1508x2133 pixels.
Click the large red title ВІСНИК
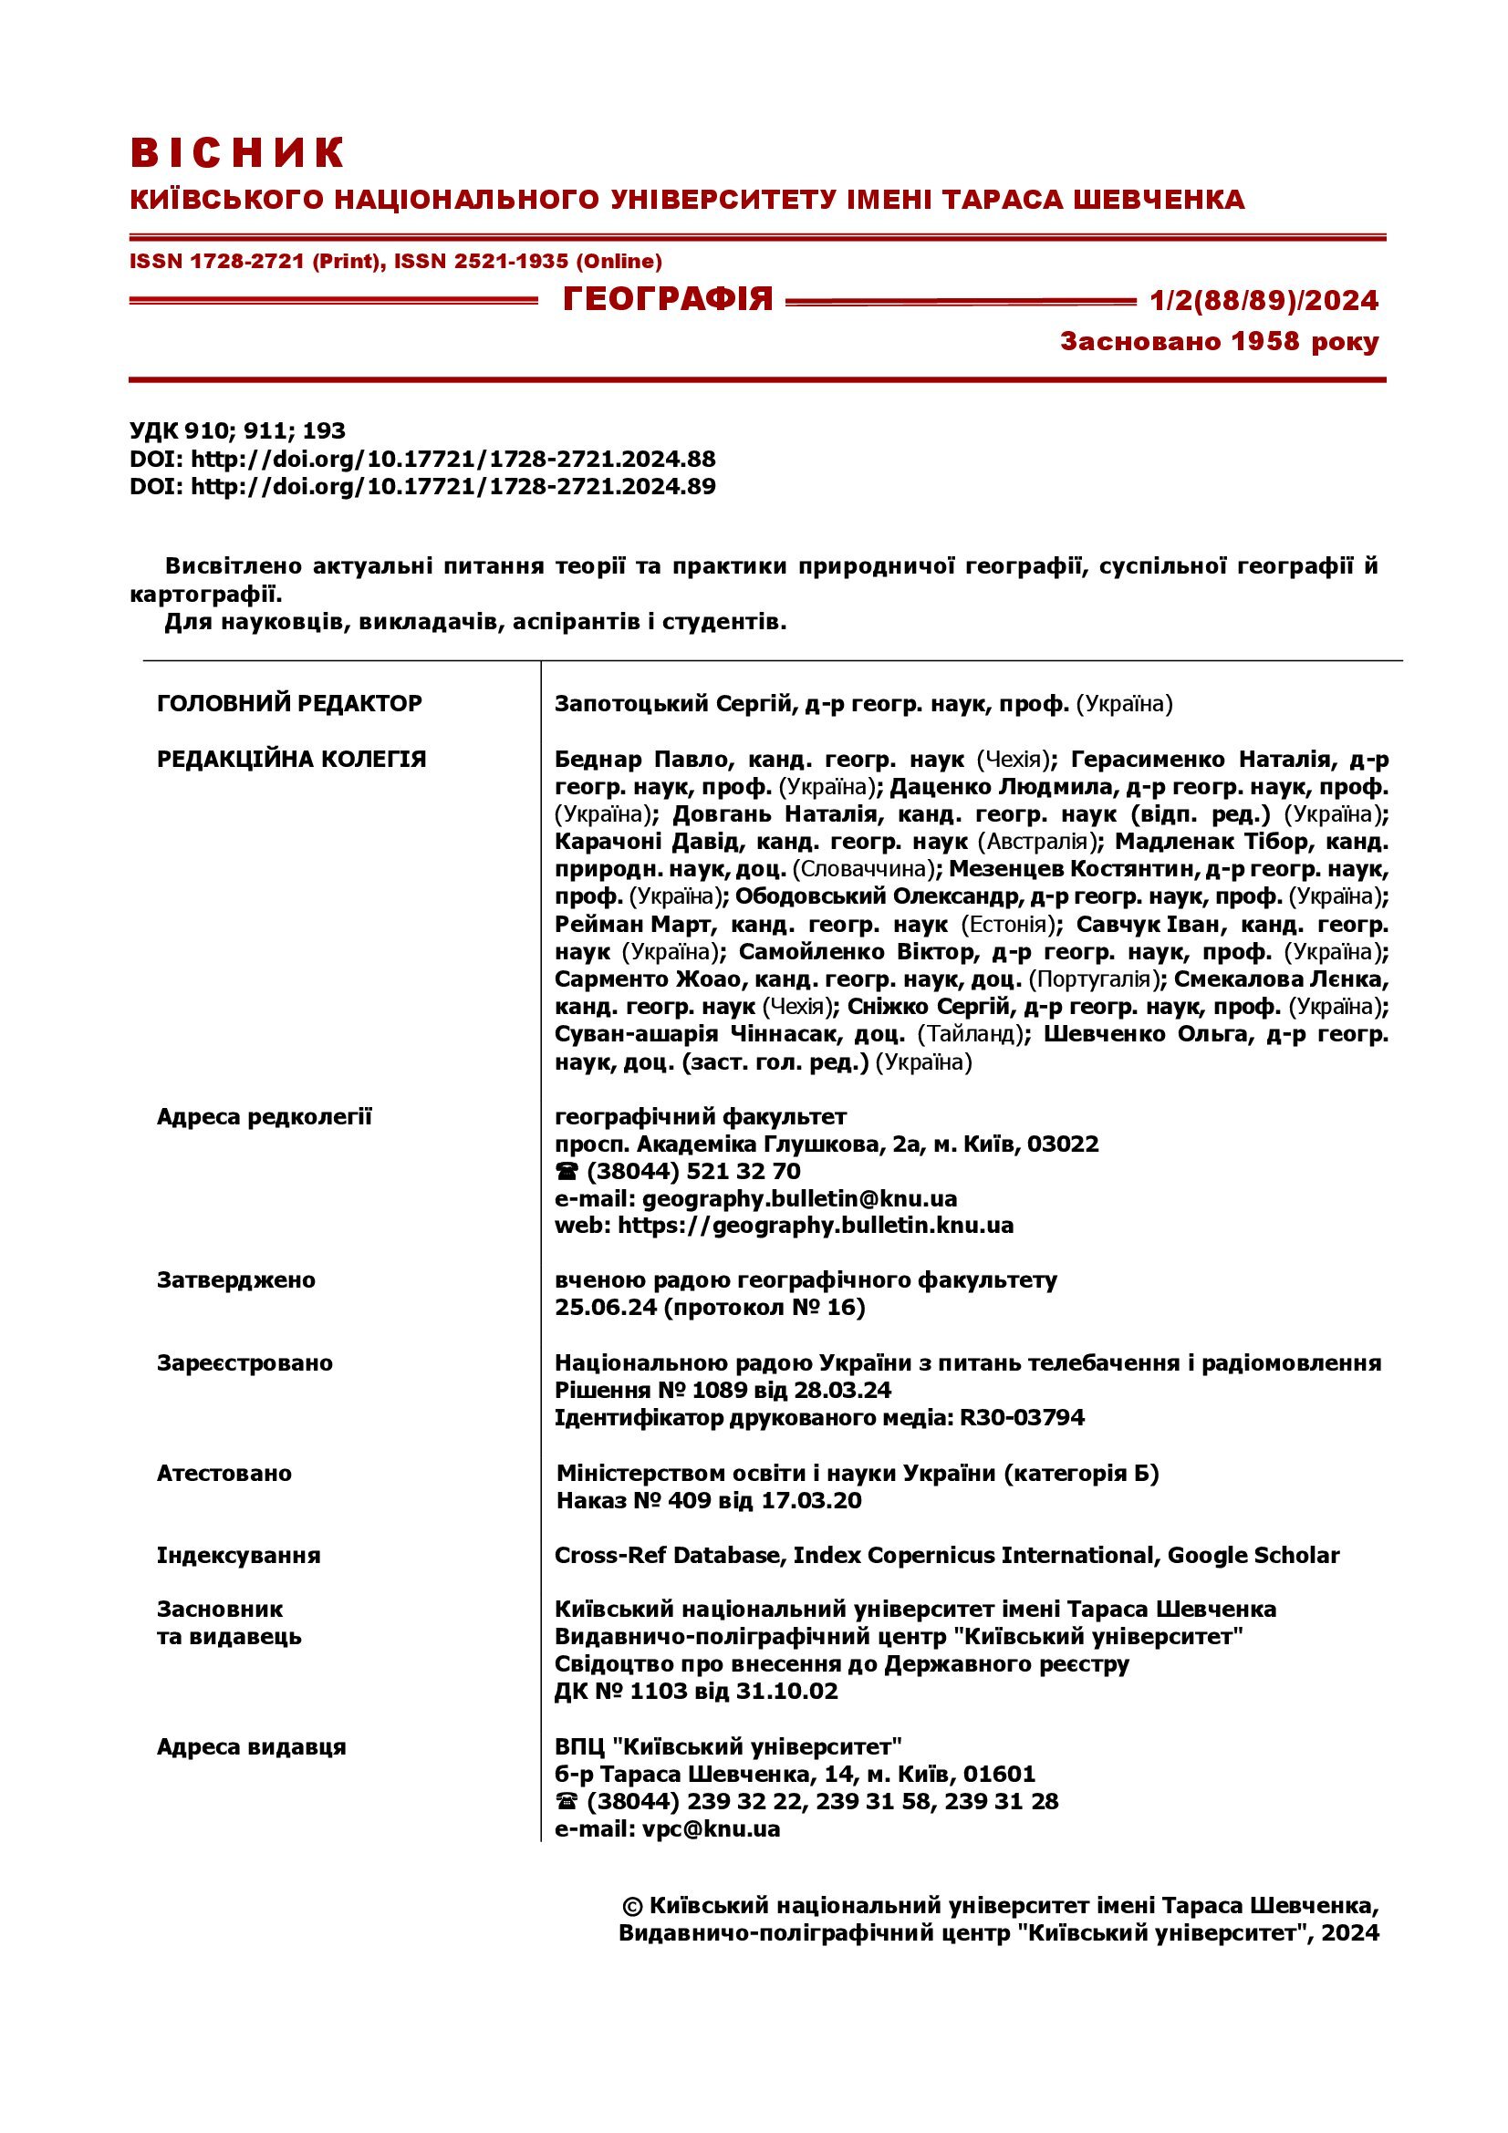tap(237, 152)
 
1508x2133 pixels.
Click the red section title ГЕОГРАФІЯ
tap(667, 299)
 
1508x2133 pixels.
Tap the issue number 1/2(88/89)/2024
tap(1264, 300)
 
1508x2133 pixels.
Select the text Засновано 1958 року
tap(1219, 342)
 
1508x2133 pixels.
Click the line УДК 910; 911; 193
tap(237, 430)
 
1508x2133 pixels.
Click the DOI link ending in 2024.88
tap(452, 458)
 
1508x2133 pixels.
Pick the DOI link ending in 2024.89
tap(452, 486)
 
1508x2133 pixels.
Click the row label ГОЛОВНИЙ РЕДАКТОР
tap(289, 703)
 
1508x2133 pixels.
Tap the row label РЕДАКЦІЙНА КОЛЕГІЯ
tap(291, 759)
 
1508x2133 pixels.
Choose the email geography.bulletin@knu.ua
tap(799, 1198)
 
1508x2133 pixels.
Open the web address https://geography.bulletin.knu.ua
tap(815, 1226)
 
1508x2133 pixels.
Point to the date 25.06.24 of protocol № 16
tap(605, 1308)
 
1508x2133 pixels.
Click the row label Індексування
tap(238, 1555)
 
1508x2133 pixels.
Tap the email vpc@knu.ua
tap(711, 1829)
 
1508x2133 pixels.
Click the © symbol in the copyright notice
tap(632, 1906)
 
